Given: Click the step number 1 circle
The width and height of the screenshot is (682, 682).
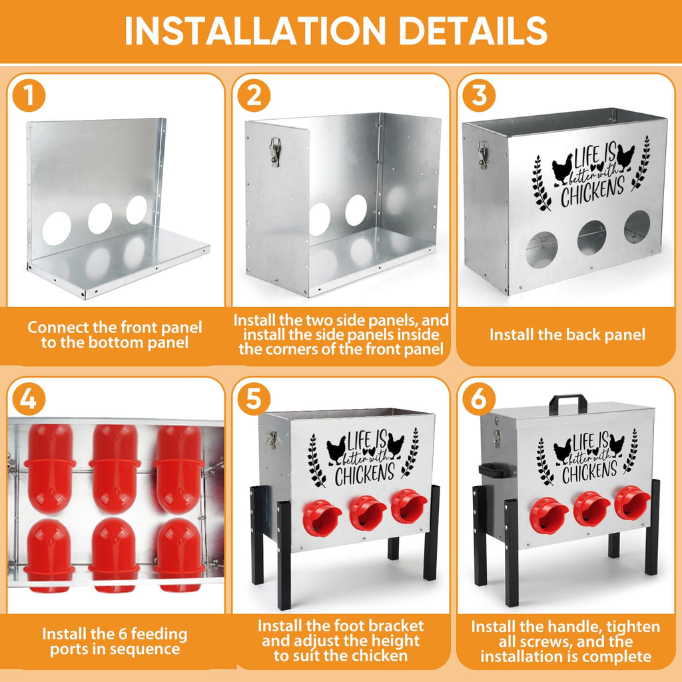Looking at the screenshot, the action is point(29,95).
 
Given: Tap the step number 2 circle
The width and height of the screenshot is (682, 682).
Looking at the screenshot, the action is point(254,95).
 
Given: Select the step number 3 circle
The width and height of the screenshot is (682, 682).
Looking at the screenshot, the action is point(479,95).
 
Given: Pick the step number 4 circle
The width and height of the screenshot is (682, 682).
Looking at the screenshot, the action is point(29,398).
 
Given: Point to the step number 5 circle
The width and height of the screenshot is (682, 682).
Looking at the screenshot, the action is point(254,398).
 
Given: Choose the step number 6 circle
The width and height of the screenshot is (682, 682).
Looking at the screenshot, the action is point(479,398).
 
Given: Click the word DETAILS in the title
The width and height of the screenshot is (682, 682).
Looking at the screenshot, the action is point(473,31).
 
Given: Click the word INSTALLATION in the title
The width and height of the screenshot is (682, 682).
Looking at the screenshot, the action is point(255,31).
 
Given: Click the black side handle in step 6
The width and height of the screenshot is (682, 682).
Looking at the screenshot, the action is point(492,470).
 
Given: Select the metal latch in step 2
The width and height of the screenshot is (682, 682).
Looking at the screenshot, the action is point(275,152).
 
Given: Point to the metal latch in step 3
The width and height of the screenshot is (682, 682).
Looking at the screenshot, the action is point(482,155).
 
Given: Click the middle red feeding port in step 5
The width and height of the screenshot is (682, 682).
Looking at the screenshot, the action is point(368,513).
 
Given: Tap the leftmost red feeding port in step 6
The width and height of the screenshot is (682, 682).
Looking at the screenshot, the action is point(549,516).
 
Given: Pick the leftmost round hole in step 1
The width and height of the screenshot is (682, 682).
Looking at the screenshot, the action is point(57,228).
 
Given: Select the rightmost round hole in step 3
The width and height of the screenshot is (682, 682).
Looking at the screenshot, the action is point(637,226).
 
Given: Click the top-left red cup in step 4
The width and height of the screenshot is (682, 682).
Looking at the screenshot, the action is point(50,468).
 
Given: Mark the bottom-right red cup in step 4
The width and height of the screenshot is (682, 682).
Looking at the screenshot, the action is point(179,555).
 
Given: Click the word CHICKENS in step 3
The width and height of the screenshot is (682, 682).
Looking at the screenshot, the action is point(593,191).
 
